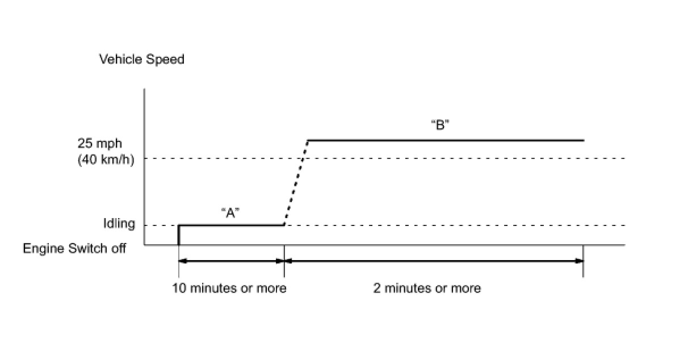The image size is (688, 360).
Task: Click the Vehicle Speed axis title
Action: coord(141,60)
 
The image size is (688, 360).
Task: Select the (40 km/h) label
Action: coord(106,160)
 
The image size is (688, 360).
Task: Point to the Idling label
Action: coord(119,224)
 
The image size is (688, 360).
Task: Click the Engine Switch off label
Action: coord(74,249)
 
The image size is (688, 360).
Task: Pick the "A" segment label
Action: coord(230,213)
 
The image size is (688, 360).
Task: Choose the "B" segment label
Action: coord(440,126)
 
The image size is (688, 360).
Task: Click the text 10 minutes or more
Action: coord(229,288)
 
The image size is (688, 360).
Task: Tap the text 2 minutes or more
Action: coord(427,288)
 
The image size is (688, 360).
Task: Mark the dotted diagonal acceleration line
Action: coord(296,182)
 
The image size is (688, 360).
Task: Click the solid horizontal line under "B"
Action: coord(446,140)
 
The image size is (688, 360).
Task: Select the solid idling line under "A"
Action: coord(231,225)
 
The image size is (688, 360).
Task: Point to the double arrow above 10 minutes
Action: coord(231,261)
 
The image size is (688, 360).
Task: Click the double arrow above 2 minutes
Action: coord(434,261)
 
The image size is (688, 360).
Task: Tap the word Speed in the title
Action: coord(166,60)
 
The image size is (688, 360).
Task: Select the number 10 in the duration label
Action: coord(179,288)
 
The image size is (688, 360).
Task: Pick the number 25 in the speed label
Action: coord(85,145)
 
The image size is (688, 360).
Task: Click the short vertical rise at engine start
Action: coord(179,235)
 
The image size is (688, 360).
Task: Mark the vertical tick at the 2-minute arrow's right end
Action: coord(584,261)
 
